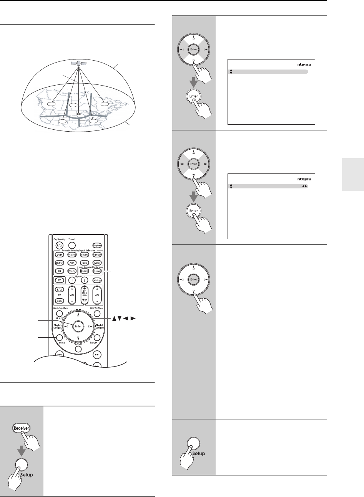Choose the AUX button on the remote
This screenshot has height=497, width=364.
71,263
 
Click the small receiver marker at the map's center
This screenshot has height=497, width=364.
79,114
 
